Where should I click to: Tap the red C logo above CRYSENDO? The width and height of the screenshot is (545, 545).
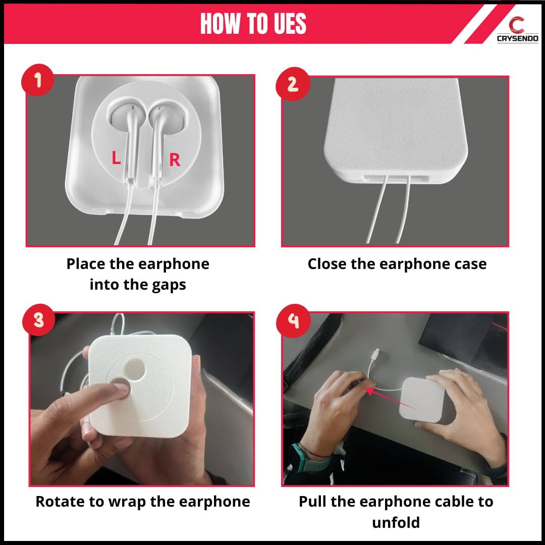pyautogui.click(x=517, y=25)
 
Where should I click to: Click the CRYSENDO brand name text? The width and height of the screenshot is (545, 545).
pyautogui.click(x=518, y=38)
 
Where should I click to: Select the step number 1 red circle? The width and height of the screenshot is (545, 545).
pyautogui.click(x=37, y=80)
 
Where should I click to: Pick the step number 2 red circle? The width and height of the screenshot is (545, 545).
pyautogui.click(x=293, y=84)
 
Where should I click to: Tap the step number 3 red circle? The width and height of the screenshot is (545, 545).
pyautogui.click(x=38, y=320)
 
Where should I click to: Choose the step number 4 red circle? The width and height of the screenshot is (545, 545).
pyautogui.click(x=293, y=321)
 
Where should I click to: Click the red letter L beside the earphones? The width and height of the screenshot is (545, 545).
pyautogui.click(x=116, y=157)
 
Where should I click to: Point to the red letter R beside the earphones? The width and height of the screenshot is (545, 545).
pyautogui.click(x=175, y=159)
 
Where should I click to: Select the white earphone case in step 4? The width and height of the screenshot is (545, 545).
pyautogui.click(x=421, y=400)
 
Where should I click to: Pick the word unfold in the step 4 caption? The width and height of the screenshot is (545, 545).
pyautogui.click(x=396, y=522)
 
